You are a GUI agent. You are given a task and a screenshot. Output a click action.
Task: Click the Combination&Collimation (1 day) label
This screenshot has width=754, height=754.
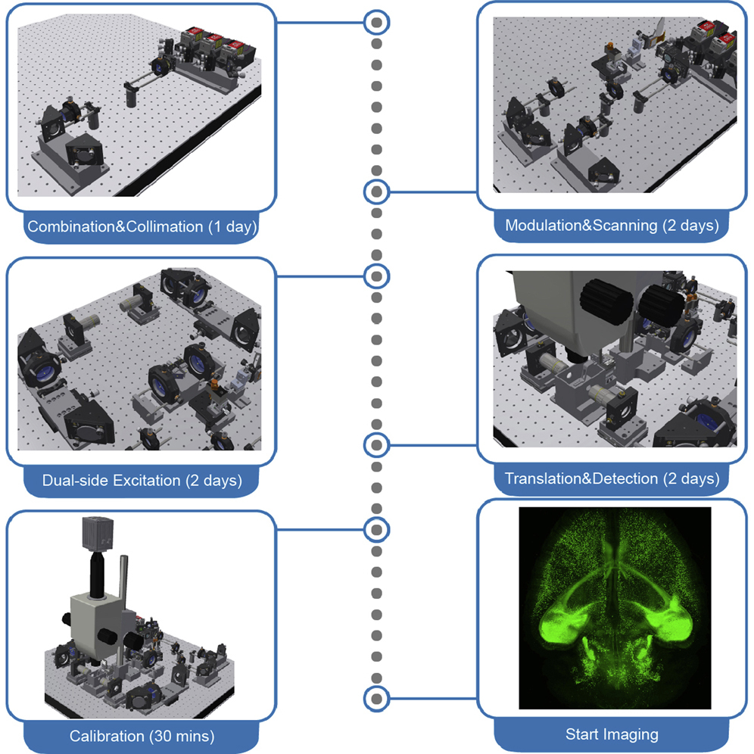pos(142,226)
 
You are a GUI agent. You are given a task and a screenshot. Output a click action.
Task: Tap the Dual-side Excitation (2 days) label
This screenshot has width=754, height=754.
pos(142,480)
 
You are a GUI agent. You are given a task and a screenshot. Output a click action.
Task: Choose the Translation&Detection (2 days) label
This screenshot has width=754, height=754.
pos(612,478)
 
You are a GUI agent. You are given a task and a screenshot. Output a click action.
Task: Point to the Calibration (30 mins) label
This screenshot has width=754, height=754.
pos(142,735)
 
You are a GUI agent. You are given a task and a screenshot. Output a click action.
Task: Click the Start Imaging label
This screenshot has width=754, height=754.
pos(612,734)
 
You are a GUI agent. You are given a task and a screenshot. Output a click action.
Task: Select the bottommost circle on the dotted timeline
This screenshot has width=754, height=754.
pos(376,698)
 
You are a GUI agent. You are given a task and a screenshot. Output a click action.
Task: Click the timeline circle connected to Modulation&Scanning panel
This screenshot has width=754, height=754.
pos(376,192)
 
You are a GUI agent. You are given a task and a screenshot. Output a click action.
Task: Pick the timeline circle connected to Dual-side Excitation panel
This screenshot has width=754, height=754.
pos(376,276)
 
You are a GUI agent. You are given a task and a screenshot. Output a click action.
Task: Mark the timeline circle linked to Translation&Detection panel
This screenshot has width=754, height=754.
pos(376,445)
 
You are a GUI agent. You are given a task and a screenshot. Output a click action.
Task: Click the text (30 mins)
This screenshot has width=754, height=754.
pos(183,735)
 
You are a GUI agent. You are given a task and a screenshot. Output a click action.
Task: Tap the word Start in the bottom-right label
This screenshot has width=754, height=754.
pos(582,734)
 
